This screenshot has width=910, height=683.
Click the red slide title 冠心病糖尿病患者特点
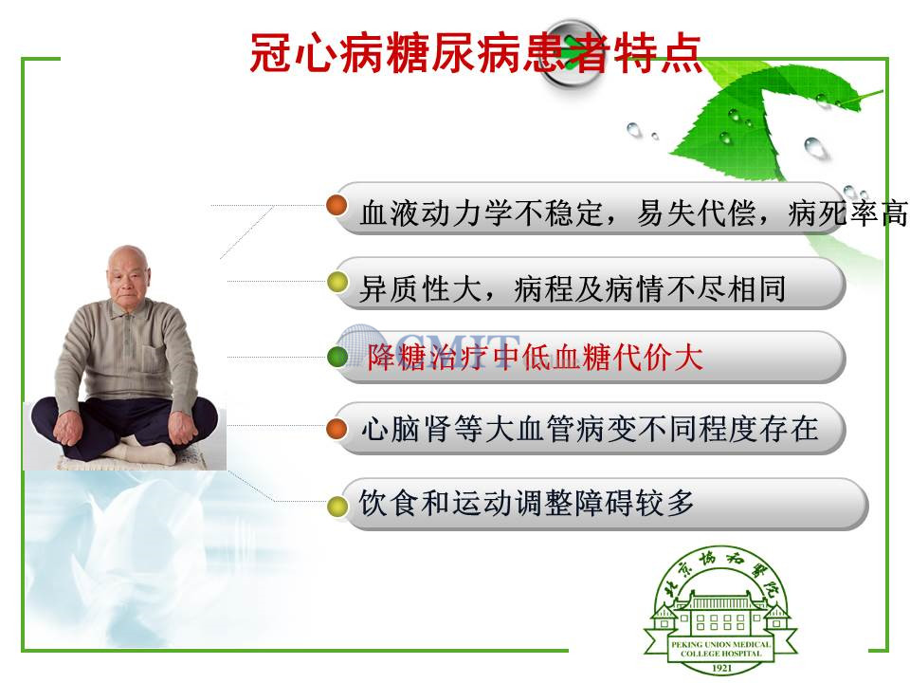(476, 53)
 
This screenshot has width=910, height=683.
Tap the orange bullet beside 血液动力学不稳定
(337, 205)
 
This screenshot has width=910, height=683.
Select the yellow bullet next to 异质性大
(337, 283)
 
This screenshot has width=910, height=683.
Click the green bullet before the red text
(337, 357)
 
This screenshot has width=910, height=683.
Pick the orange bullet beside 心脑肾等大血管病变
(337, 429)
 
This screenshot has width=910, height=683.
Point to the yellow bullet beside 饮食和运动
(337, 506)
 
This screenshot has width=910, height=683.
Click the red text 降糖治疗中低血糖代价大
(535, 357)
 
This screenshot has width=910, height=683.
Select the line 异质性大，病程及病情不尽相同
(573, 288)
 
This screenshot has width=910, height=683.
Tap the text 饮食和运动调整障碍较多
(526, 503)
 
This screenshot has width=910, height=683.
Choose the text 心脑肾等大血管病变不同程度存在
(590, 429)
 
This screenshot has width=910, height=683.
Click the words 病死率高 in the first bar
(847, 213)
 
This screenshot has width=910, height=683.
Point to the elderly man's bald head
(128, 260)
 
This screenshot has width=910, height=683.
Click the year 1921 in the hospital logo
(721, 668)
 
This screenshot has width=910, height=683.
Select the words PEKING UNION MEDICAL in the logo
(720, 644)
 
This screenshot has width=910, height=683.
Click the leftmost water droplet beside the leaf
(634, 130)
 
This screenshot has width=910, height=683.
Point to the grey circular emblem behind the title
(572, 53)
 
